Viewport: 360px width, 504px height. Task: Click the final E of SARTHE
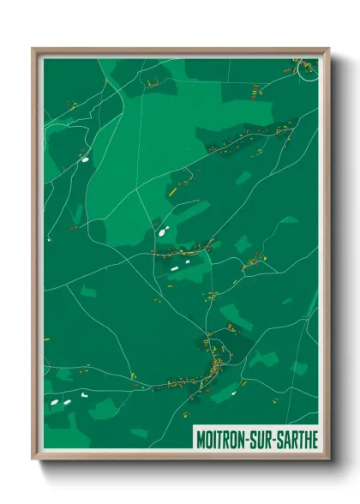[x=315, y=439]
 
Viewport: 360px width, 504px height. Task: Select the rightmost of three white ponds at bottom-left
[x=85, y=397]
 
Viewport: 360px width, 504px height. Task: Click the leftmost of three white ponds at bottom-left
[x=54, y=401]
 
